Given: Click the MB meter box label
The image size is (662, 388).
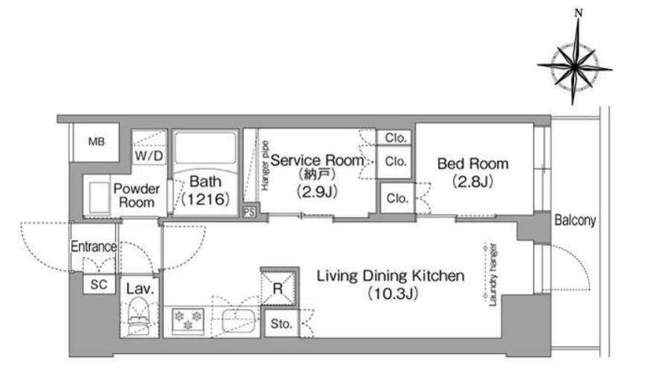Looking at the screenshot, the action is tap(96, 142).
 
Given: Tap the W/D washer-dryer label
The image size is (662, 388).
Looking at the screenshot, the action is tap(149, 156).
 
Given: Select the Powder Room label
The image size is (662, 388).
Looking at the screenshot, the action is tap(136, 195).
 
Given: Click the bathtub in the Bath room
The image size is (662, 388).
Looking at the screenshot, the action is tap(205, 149).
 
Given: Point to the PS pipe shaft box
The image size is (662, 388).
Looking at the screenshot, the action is tap(249, 212).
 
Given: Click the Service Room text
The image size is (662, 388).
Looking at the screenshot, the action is tap(317, 161).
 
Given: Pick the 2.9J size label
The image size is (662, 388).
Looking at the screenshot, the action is tap(317, 192).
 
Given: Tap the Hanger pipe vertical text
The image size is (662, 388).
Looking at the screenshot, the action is tap(265, 165).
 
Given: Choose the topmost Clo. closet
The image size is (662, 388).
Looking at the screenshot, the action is tap(396, 138).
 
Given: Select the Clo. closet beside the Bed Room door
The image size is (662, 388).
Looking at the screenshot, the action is tap(397, 198).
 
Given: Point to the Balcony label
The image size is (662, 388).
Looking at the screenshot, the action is tap(575, 220).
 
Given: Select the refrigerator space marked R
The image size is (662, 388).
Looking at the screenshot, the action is tap(277, 288).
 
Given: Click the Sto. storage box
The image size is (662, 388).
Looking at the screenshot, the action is tap(281, 324).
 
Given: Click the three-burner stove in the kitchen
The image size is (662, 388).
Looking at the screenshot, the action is tap(188, 321).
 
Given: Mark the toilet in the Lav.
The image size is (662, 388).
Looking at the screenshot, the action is tap(139, 317).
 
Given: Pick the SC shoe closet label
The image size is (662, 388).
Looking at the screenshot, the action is tap(99, 285).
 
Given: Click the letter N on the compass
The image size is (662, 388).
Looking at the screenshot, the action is tap(579, 13).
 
